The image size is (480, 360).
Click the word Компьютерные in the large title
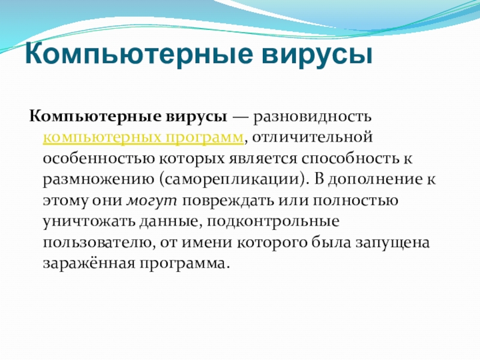point(139,55)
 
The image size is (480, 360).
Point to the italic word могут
point(152,202)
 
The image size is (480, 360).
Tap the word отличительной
point(313,138)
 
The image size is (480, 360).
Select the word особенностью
point(99,159)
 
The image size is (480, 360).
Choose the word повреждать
point(229,201)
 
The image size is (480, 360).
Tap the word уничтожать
point(89,222)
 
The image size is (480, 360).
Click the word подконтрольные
point(274,222)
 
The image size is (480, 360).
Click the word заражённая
point(89,263)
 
